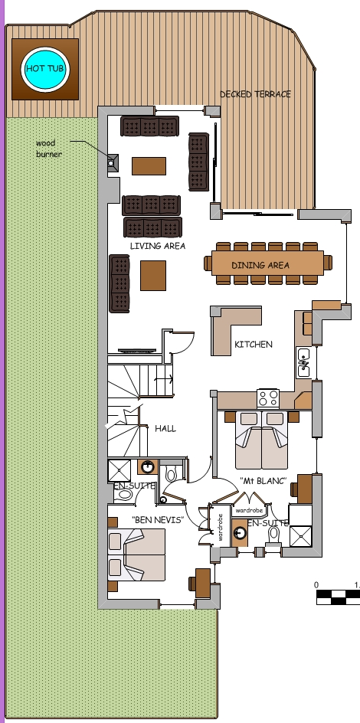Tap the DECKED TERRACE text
pyautogui.click(x=255, y=94)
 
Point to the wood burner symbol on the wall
pyautogui.click(x=111, y=162)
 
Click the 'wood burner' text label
pyautogui.click(x=48, y=149)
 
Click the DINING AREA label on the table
pyautogui.click(x=260, y=265)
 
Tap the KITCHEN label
pyautogui.click(x=254, y=345)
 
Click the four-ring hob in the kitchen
pyautogui.click(x=269, y=397)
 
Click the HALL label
pyautogui.click(x=165, y=428)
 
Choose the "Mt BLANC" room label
pyautogui.click(x=262, y=481)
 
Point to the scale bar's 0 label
pyautogui.click(x=316, y=584)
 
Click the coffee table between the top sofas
pyautogui.click(x=149, y=165)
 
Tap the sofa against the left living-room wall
pyautogui.click(x=120, y=283)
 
